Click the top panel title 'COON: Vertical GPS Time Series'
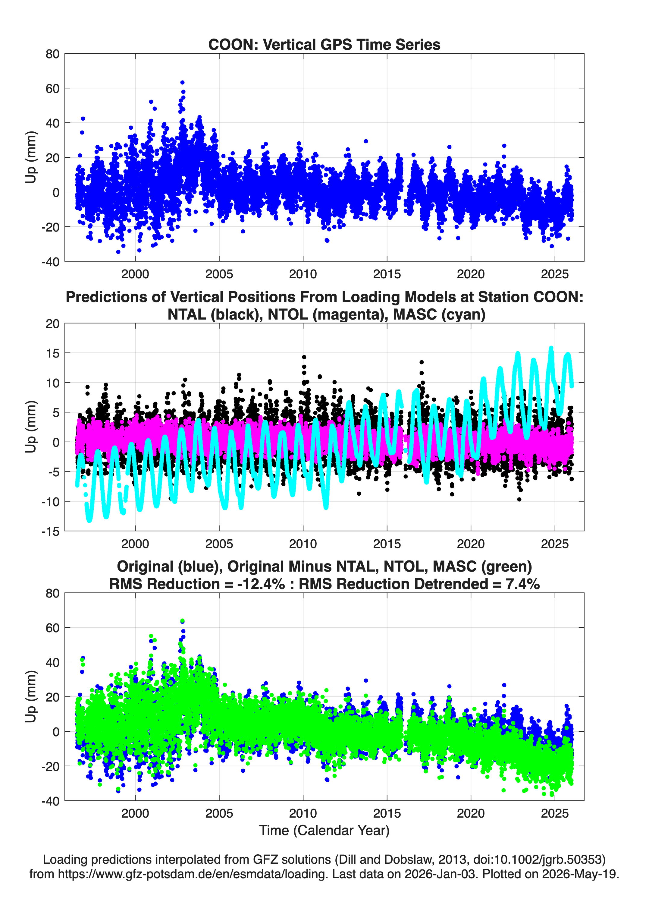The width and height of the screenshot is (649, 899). [324, 44]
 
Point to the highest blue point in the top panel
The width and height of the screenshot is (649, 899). [182, 82]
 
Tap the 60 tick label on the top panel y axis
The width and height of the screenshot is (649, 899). [52, 88]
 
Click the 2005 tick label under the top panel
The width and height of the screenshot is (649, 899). [219, 274]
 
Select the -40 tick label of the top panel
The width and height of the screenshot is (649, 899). [50, 262]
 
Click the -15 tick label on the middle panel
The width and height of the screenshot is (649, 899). [50, 532]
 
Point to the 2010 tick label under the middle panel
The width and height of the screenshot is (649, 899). [303, 544]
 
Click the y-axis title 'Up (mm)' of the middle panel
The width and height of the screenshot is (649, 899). [31, 427]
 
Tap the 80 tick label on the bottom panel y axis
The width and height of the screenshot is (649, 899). [52, 593]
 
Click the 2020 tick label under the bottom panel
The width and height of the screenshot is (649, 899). [471, 813]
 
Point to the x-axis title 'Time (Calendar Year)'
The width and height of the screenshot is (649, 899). [324, 831]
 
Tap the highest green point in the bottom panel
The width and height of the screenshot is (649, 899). [182, 621]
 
